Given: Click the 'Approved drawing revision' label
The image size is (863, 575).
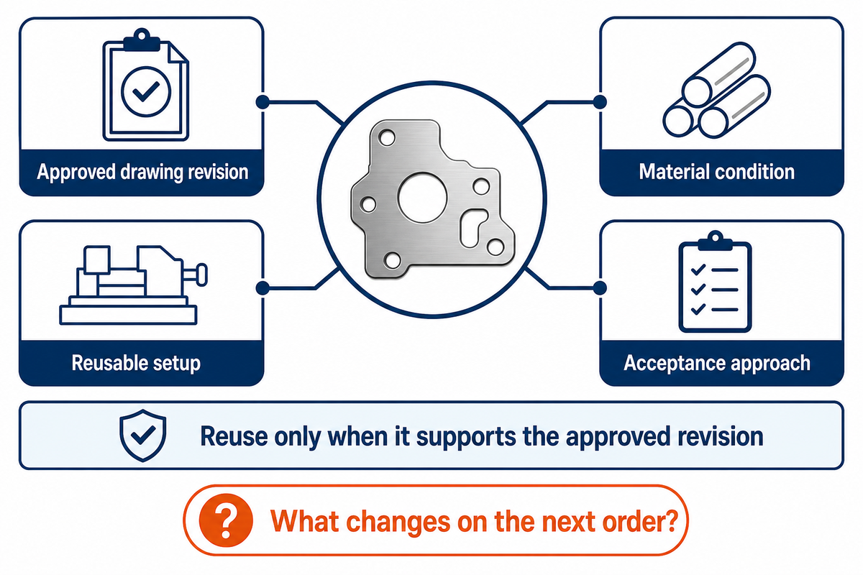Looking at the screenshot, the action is click(142, 172).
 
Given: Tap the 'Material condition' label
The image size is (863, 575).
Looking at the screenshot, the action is click(716, 171).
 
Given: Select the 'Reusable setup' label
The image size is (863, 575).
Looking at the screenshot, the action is click(136, 363).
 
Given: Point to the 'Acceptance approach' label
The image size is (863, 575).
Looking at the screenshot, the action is click(716, 363).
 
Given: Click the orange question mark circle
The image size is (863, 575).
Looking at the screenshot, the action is click(226, 520).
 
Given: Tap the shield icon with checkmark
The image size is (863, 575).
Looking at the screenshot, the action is click(143, 435).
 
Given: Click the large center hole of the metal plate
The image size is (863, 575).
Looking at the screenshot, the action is click(422, 197).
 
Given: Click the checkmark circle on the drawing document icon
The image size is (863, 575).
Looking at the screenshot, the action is click(145, 91).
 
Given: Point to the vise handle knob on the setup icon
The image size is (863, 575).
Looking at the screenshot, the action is click(201, 275).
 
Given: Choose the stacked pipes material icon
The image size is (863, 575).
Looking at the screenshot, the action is click(716, 90).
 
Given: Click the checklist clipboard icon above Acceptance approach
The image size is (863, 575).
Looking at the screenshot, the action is click(715, 282).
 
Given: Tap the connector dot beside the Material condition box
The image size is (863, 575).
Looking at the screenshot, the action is click(600, 102).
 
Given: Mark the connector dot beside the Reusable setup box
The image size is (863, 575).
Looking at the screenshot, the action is click(262, 287).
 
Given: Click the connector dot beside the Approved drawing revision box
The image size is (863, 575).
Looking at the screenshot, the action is click(262, 102).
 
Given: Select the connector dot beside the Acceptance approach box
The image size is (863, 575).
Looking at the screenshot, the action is click(600, 287).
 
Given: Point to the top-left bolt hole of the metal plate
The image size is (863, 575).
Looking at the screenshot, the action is click(386, 137).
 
